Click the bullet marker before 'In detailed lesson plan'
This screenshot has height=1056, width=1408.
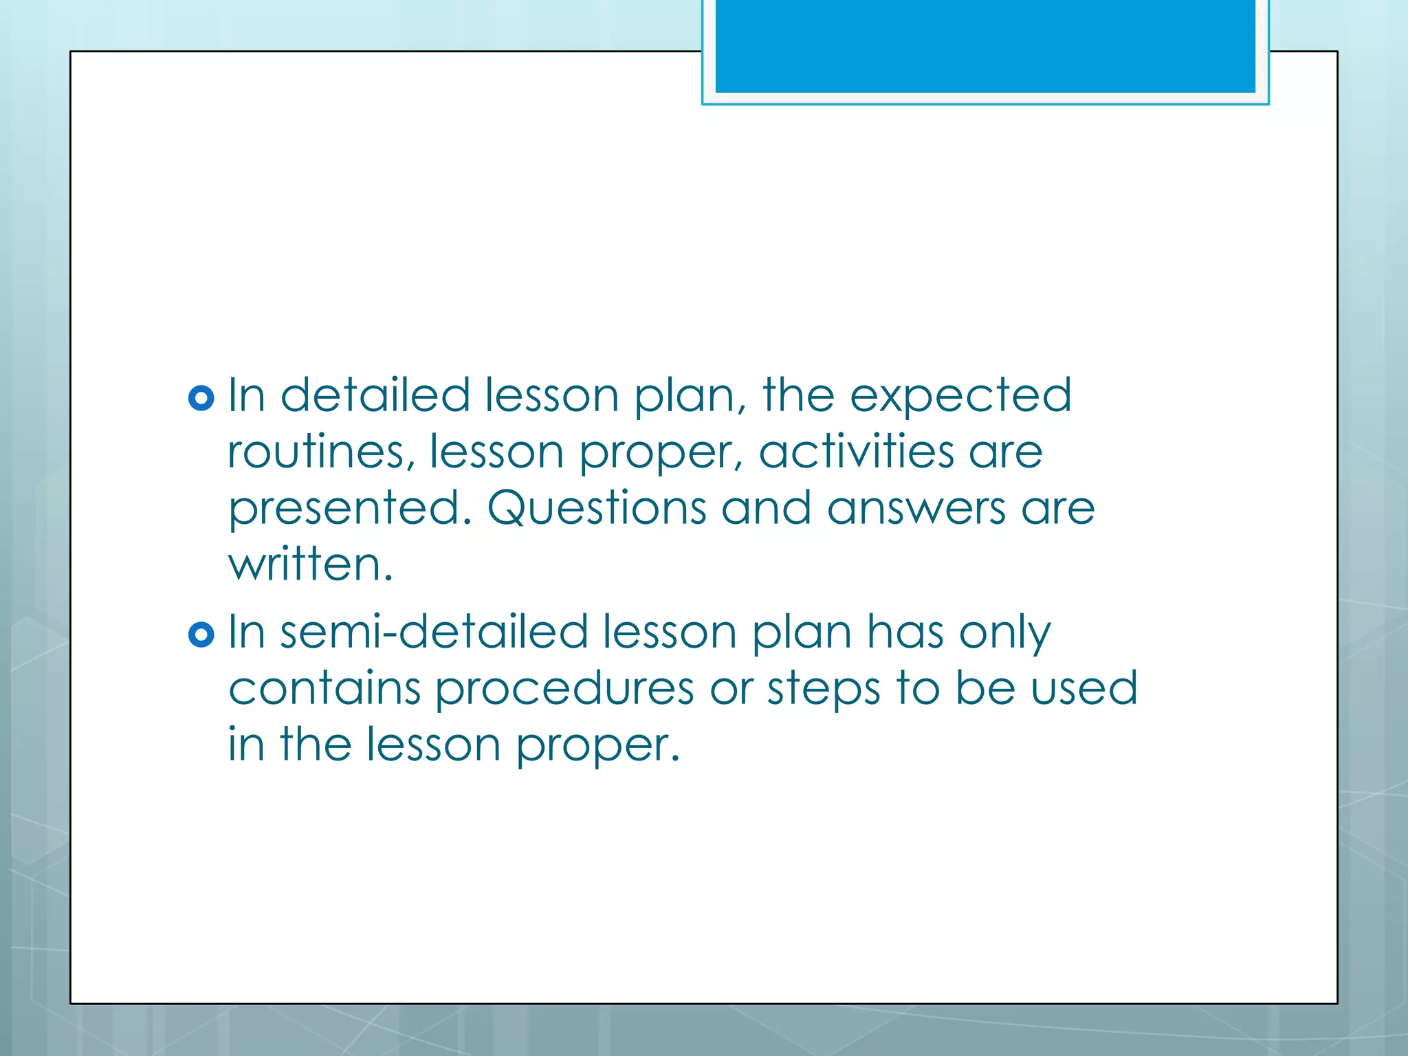point(201,398)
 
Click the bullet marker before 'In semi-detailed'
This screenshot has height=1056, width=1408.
point(201,634)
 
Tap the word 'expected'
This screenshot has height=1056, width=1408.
point(960,396)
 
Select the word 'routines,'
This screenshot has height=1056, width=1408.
point(321,452)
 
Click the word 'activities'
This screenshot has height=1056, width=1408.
point(856,452)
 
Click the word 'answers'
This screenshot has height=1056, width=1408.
point(916,509)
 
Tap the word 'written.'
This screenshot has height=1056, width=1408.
point(311,565)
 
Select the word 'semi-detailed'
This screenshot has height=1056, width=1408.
point(434,632)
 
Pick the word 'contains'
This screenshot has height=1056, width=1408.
point(324,689)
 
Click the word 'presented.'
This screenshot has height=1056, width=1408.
point(351,510)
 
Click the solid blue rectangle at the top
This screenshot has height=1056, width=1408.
point(984,45)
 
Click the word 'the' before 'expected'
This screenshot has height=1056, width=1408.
point(798,396)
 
